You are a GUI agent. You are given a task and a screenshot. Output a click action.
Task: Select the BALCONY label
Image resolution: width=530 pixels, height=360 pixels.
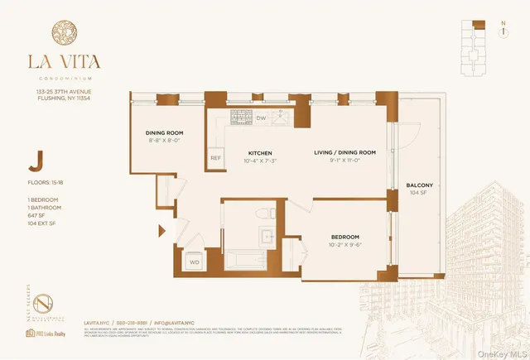tap(421, 185)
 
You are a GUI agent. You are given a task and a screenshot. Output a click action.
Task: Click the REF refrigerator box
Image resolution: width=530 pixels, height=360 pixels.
tap(215, 157)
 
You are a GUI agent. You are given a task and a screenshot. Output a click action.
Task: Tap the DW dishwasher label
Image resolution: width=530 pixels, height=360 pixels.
tap(260, 118)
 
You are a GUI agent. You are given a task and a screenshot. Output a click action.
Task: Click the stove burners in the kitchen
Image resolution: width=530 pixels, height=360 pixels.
tap(240, 118)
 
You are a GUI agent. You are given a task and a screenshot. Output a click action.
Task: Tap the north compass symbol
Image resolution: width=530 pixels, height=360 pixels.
tap(502, 31)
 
